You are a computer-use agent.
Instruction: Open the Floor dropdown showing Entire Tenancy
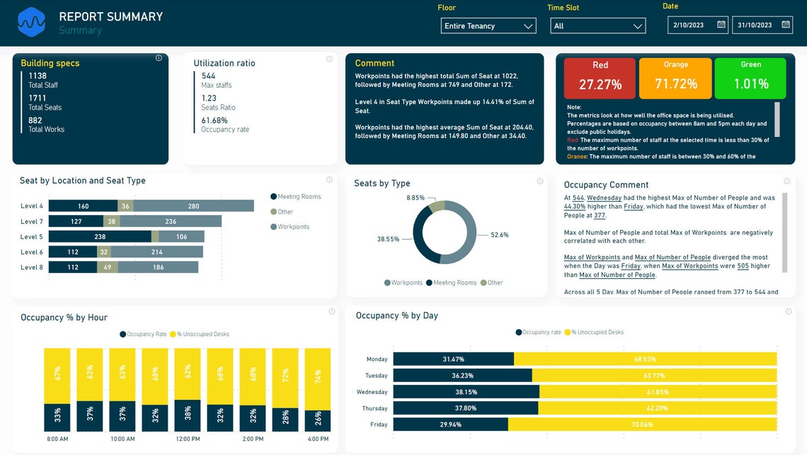tap(488, 26)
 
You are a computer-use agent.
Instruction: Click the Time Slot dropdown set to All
tap(597, 26)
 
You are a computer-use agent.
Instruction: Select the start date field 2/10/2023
tap(690, 25)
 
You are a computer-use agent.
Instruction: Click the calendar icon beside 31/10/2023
tap(786, 25)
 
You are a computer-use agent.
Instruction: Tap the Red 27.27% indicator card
tap(600, 78)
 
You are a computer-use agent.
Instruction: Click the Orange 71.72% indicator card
tap(675, 78)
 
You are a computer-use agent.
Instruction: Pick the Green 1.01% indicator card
tap(750, 78)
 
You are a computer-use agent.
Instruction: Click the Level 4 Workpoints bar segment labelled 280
tap(193, 206)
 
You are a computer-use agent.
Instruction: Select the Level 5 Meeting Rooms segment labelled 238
tap(100, 236)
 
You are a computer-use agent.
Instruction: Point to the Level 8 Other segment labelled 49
tap(108, 267)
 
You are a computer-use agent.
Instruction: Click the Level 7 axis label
tap(32, 221)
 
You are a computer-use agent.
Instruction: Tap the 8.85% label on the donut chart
tap(416, 198)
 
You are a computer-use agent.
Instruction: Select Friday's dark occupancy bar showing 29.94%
tap(450, 425)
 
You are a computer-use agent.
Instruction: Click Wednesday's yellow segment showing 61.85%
tap(658, 392)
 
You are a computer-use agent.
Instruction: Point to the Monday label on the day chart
tap(377, 359)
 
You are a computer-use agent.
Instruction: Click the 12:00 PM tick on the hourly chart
tap(188, 439)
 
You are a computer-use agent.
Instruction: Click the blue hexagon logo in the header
tap(31, 22)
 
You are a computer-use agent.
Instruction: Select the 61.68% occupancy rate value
tap(214, 120)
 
